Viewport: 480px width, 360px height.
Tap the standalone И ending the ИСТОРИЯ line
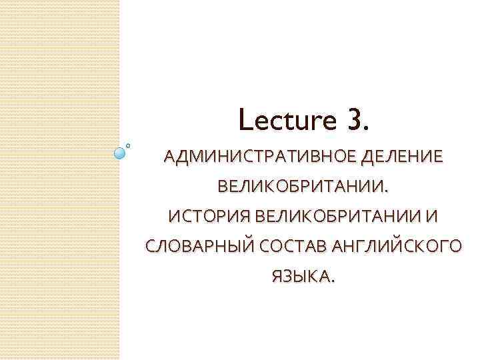click(x=435, y=217)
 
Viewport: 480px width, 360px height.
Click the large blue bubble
click(x=120, y=153)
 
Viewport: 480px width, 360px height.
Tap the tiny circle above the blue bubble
click(x=128, y=143)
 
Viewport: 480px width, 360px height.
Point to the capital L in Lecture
click(x=244, y=121)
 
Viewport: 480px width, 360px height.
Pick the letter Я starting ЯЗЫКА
click(x=275, y=275)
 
